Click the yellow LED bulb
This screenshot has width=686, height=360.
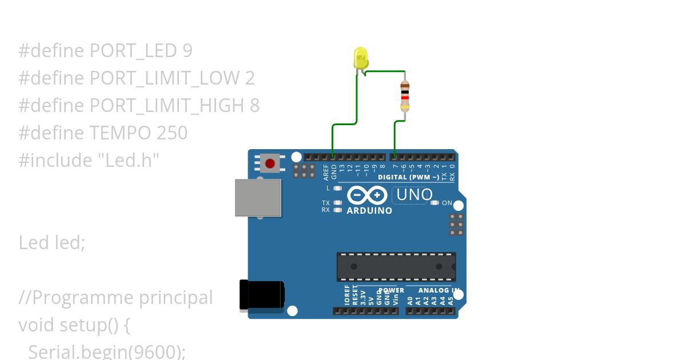click(361, 58)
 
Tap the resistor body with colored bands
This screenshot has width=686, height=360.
click(405, 95)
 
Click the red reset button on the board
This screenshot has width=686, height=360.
click(269, 164)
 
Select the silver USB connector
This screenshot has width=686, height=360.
click(258, 198)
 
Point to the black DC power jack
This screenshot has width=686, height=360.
click(261, 295)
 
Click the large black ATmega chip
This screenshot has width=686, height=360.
click(396, 266)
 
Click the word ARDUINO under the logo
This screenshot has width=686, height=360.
click(369, 210)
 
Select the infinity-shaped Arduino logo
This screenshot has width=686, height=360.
click(367, 195)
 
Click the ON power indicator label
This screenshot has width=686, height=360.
click(446, 203)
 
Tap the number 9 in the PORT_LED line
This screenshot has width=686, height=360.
click(188, 51)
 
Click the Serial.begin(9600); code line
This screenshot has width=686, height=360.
click(107, 351)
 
